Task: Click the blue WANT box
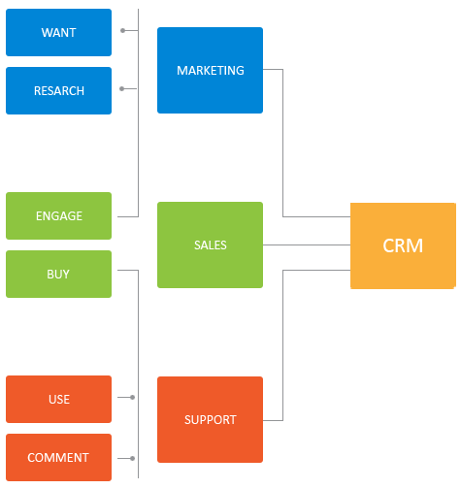(x=58, y=32)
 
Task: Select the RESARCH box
(x=58, y=90)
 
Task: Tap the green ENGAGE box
(x=58, y=215)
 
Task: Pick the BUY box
(x=58, y=274)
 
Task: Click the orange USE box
(x=58, y=399)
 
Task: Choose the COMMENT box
(x=58, y=457)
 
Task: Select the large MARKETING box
(x=210, y=70)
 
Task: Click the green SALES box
(x=210, y=244)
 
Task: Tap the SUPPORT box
(x=210, y=419)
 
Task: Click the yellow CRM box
(x=403, y=245)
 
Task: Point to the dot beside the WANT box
(x=122, y=30)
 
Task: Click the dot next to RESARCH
(x=121, y=88)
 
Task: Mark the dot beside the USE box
(x=132, y=397)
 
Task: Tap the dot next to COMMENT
(x=132, y=458)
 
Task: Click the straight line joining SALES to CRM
(x=307, y=244)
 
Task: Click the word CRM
(x=403, y=245)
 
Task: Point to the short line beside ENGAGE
(x=128, y=216)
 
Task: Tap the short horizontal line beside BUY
(x=128, y=270)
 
